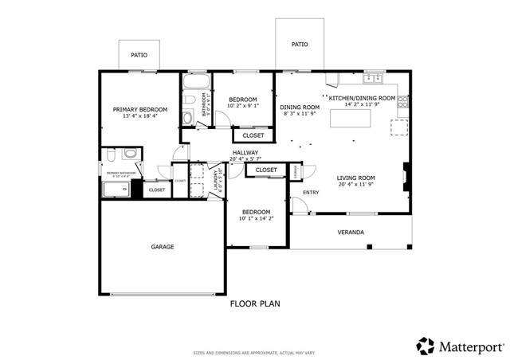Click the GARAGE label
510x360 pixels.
(163, 247)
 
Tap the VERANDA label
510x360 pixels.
(351, 233)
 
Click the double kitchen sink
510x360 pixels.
(372, 78)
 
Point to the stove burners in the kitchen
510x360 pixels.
(403, 101)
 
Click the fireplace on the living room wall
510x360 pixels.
(407, 178)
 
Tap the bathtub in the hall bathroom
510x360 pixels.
(195, 83)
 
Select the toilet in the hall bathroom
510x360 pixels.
(187, 119)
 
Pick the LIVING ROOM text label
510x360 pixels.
(355, 178)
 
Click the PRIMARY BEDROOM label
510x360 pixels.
(139, 109)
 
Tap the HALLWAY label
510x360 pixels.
(245, 152)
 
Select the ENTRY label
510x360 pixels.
(311, 192)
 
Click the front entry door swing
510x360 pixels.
(300, 205)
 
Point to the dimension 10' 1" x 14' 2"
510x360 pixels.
(257, 218)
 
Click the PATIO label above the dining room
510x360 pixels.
(300, 45)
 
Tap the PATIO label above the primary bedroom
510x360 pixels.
(139, 55)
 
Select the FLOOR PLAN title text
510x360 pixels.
(255, 303)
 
